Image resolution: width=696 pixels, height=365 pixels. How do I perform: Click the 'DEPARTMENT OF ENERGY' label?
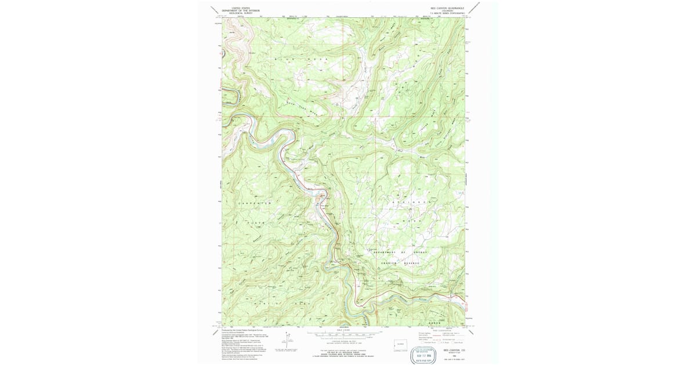pyautogui.click(x=401, y=253)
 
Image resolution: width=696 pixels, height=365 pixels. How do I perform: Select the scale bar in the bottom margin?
pyautogui.click(x=342, y=335)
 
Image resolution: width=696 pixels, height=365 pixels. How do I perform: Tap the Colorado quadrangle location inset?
pyautogui.click(x=400, y=344)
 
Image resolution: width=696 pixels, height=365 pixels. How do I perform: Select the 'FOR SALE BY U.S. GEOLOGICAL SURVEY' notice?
pyautogui.click(x=342, y=353)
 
